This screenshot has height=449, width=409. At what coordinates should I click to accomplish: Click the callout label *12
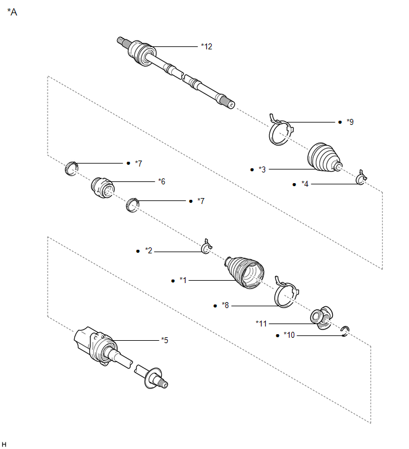coord(206,46)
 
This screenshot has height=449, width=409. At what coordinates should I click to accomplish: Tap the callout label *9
coord(350,122)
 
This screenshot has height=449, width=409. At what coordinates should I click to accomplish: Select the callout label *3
coord(262,169)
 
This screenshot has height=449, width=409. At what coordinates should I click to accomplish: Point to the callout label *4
coord(305,184)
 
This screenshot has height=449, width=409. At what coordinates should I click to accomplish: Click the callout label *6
coord(161,181)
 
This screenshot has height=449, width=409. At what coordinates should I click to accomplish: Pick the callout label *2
coord(149,251)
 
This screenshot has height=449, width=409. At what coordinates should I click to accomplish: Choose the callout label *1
coord(183,280)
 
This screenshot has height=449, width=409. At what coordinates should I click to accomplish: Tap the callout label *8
coord(225,306)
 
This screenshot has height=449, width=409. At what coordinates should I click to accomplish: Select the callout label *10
coord(290,335)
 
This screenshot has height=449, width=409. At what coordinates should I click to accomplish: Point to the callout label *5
coord(164,340)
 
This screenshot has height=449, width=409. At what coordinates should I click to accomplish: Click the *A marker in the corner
coord(12,11)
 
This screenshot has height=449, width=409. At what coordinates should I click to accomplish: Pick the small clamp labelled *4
coord(360,178)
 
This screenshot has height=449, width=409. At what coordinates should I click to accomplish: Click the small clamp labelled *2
coord(206,247)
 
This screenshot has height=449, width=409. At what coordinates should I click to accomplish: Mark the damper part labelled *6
coord(102,187)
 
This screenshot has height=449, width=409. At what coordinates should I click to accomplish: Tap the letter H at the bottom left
coord(4,444)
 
